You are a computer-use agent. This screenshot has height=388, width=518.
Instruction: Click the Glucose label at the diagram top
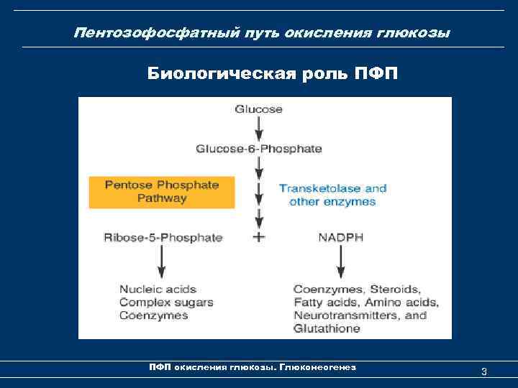tap(258, 109)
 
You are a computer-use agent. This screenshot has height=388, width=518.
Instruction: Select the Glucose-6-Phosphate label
tap(258, 149)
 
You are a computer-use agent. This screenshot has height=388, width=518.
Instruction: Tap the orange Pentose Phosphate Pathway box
tap(162, 191)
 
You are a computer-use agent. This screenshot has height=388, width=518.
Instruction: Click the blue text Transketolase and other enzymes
tap(332, 195)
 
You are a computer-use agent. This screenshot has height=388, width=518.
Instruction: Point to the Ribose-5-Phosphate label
tap(163, 237)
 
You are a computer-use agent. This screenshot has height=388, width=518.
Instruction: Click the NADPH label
tap(337, 237)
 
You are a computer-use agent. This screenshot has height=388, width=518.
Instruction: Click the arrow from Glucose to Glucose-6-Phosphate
tap(259, 129)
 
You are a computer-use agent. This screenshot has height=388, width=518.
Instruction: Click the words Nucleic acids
tap(158, 290)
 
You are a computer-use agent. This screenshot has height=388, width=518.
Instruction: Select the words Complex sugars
tap(166, 302)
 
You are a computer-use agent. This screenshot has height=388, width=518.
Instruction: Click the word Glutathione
tap(327, 328)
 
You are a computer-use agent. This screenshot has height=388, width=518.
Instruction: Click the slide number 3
tap(484, 371)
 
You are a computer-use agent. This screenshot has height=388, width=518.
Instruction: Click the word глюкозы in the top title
tap(418, 33)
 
